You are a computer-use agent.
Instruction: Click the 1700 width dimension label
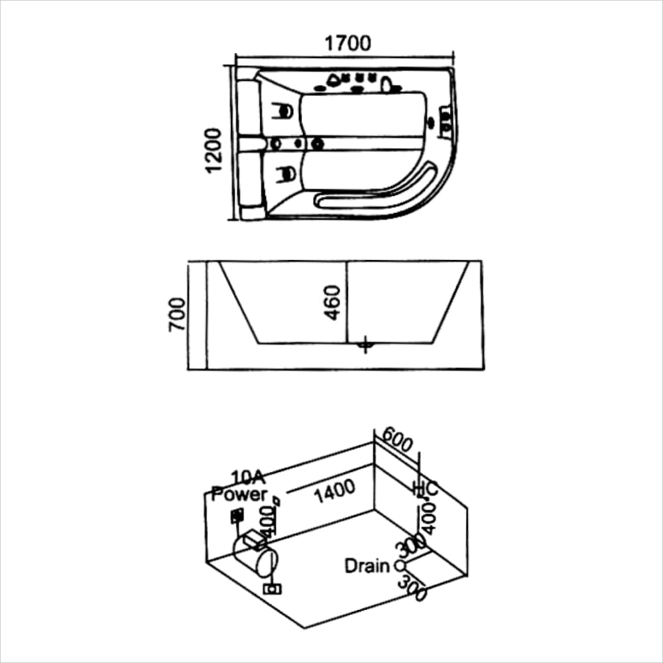pos(347,43)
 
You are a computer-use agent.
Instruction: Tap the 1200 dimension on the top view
pos(213,150)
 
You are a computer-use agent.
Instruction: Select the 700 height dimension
pos(177,316)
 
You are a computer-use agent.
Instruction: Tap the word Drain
pos(366,566)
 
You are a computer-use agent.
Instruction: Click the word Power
pos(239,494)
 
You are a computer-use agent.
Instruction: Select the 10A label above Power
pos(249,477)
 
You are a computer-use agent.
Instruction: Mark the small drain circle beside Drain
pos(399,566)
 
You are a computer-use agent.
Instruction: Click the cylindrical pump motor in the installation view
pos(255,552)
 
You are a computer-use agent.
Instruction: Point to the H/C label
pos(424,489)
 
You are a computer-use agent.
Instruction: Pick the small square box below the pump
pos(271,588)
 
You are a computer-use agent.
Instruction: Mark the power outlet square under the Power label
pos(236,515)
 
